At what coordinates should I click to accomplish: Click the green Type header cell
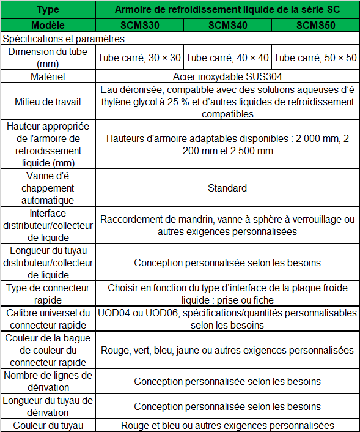click(48, 10)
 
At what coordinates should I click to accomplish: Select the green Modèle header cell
click(48, 26)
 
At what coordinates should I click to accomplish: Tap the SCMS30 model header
click(139, 26)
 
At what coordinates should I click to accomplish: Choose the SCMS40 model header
click(227, 26)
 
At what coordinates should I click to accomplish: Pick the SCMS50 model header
click(315, 26)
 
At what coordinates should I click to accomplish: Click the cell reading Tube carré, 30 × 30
click(139, 58)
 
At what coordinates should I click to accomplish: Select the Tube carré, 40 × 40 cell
click(227, 58)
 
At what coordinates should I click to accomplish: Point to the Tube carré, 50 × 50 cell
click(315, 58)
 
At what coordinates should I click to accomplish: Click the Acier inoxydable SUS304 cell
click(227, 77)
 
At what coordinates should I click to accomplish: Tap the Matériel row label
click(48, 77)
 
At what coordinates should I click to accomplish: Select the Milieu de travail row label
click(48, 102)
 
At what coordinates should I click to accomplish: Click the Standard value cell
click(227, 188)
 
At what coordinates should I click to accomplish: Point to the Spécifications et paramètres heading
click(64, 38)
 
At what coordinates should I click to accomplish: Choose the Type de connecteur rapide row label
click(48, 294)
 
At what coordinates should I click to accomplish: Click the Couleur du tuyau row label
click(48, 426)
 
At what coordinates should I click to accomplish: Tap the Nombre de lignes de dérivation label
click(48, 381)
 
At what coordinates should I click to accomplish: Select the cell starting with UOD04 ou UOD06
click(227, 319)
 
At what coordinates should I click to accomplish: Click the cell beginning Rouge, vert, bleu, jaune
click(227, 351)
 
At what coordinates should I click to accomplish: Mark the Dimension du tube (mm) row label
click(48, 58)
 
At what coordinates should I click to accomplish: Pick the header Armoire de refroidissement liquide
click(227, 10)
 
